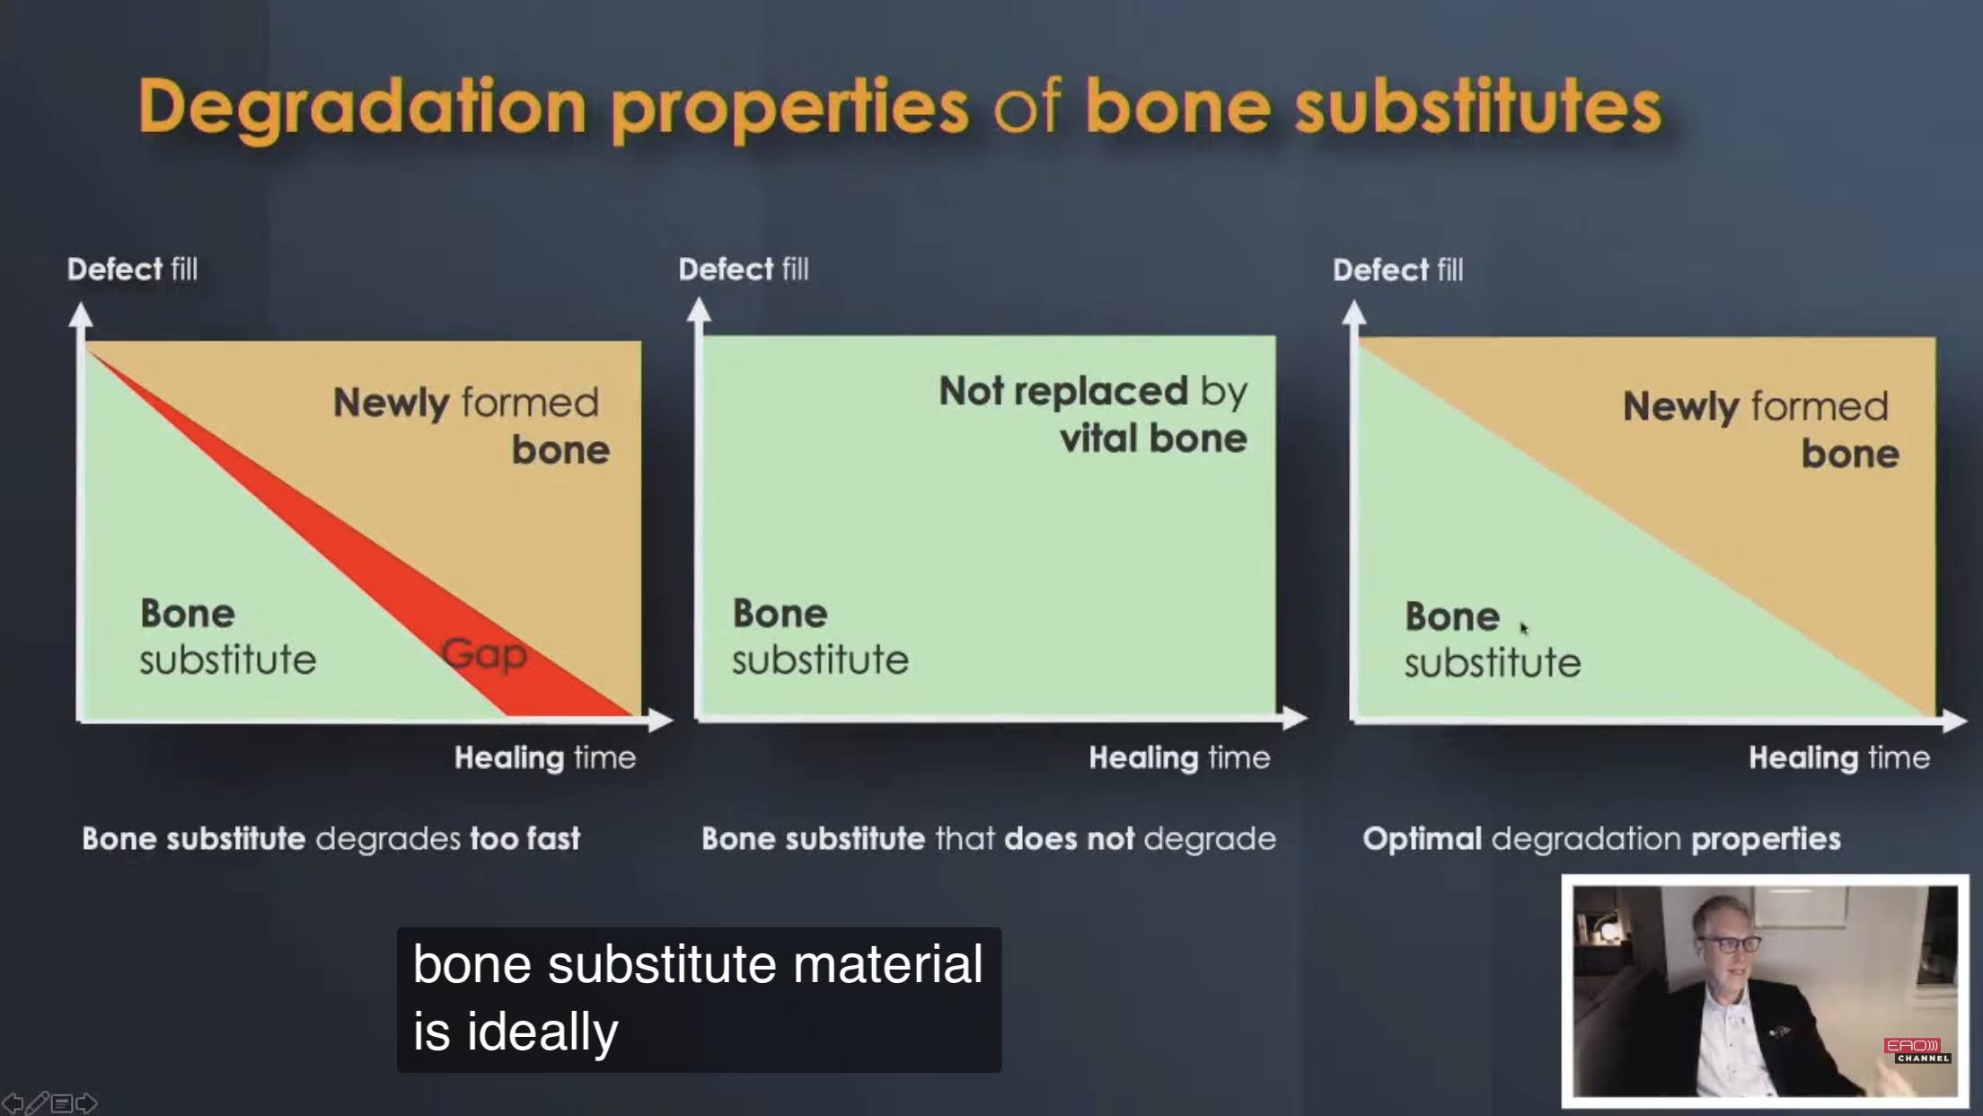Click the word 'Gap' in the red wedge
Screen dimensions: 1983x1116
(484, 655)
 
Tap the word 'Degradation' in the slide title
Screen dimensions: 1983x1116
(363, 108)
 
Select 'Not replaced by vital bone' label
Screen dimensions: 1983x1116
(1093, 414)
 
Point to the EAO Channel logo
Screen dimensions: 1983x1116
(1917, 1050)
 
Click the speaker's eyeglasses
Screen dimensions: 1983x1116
(1729, 944)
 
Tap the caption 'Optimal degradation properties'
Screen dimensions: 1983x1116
(1601, 838)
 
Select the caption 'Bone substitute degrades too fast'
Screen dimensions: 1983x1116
(330, 838)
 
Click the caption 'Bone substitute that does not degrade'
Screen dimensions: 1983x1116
(988, 838)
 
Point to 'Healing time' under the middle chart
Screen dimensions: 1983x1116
(1179, 757)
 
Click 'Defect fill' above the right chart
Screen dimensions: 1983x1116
(1397, 270)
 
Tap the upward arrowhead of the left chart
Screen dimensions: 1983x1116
(81, 314)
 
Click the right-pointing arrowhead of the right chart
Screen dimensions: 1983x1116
(1954, 720)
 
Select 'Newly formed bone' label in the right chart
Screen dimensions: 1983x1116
(1760, 430)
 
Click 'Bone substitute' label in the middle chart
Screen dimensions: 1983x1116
(820, 636)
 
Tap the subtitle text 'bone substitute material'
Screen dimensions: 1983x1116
(698, 965)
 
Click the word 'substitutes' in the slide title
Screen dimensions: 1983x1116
(1478, 108)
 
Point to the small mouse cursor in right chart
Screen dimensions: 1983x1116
(1524, 628)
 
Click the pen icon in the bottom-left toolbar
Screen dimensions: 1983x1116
(38, 1103)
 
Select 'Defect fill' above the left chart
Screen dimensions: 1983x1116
(132, 269)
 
